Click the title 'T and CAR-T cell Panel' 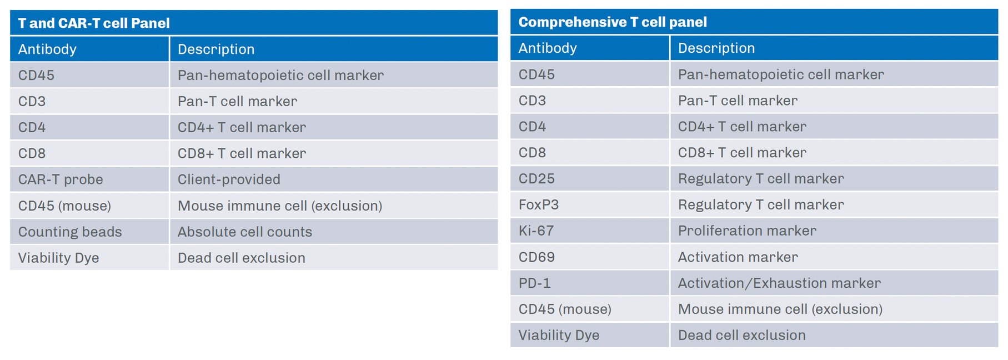click(94, 23)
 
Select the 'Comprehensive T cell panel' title click(613, 22)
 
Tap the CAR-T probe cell click(61, 179)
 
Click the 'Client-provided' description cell click(229, 179)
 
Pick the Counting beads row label click(70, 232)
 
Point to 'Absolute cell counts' click(245, 232)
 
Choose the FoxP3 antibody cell click(539, 204)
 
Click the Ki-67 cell click(536, 231)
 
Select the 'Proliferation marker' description click(747, 231)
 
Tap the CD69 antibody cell click(536, 257)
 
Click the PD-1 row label click(534, 283)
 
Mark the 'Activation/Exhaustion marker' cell click(779, 283)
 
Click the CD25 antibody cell click(536, 178)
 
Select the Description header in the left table click(216, 49)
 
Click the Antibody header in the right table click(548, 48)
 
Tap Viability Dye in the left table click(58, 258)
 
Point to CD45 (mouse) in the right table click(565, 309)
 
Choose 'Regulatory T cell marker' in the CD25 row click(761, 178)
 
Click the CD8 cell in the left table click(32, 153)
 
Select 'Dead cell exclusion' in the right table click(742, 335)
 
